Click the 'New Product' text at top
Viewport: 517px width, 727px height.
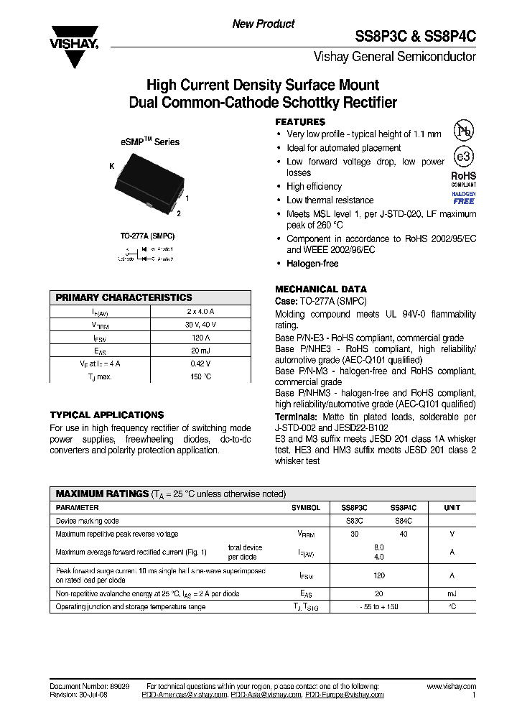point(263,24)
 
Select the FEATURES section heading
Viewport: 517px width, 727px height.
point(300,122)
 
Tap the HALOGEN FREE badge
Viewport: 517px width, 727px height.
point(464,198)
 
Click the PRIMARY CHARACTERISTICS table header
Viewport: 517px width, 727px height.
point(124,297)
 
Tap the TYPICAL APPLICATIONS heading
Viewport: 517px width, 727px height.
point(107,415)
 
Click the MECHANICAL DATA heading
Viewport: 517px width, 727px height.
point(321,290)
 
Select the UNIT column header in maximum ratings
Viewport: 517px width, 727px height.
point(452,507)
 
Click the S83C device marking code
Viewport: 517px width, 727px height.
point(354,521)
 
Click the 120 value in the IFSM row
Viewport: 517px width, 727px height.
point(379,575)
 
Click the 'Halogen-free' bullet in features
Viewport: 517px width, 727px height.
point(312,264)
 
